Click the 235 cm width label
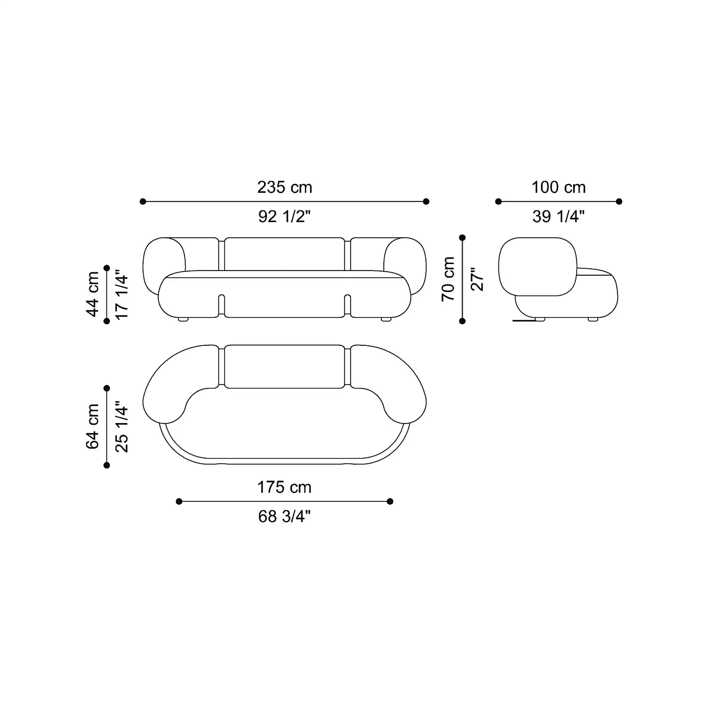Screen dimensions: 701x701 click(x=284, y=188)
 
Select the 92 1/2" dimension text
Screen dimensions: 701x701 click(x=284, y=217)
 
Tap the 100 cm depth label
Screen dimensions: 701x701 click(x=559, y=188)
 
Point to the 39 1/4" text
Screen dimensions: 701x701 click(x=558, y=217)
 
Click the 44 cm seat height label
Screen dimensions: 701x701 click(x=92, y=294)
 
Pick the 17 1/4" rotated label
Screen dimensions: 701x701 click(x=122, y=294)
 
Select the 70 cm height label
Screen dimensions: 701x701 click(x=448, y=279)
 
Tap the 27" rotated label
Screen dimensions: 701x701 click(x=477, y=279)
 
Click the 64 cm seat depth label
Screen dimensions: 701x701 click(x=92, y=426)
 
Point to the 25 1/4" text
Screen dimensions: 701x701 click(x=122, y=426)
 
